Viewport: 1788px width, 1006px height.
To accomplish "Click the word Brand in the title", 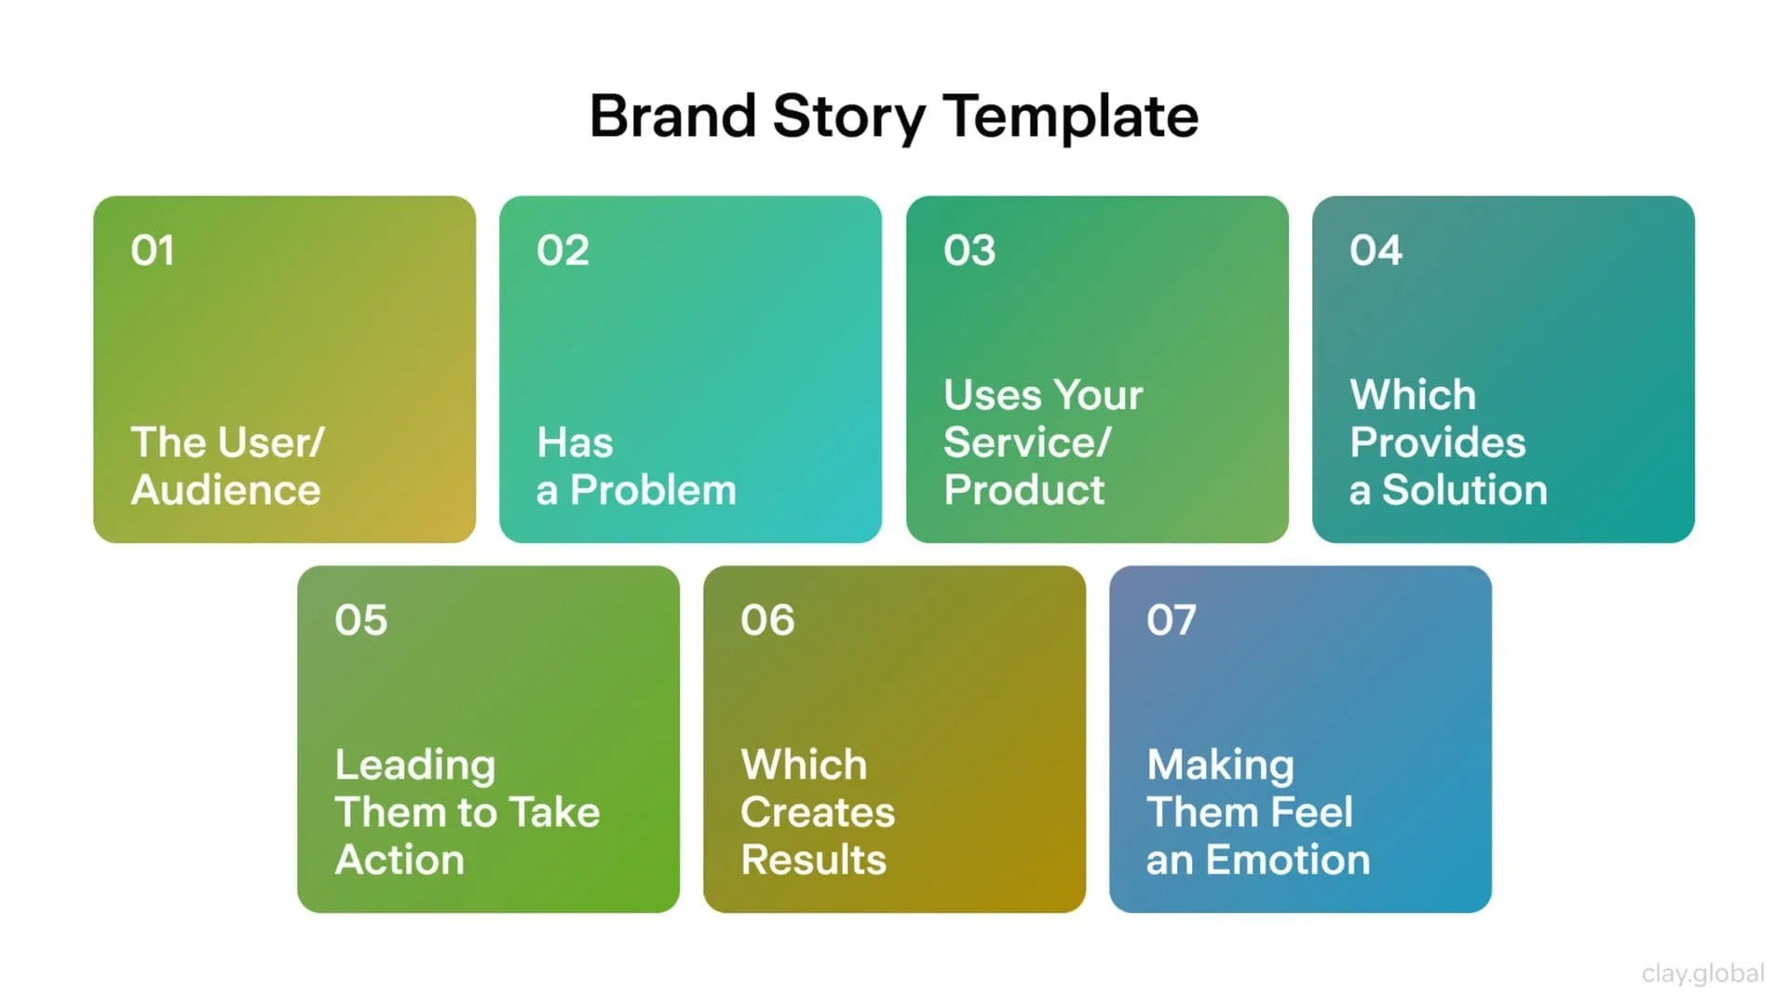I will pos(672,116).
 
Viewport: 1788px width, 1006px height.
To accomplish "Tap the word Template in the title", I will pos(1071,116).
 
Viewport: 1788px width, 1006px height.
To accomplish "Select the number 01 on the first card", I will pos(153,251).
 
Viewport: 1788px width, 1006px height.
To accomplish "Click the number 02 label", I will pos(562,251).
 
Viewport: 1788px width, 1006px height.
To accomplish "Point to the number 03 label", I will pos(969,251).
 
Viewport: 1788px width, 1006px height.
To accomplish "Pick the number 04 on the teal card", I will pos(1375,251).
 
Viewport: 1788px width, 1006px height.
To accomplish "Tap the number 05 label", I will pos(360,620).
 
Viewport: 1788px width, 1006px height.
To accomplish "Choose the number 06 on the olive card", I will pos(767,620).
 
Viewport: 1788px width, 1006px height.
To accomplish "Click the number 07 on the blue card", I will pos(1172,620).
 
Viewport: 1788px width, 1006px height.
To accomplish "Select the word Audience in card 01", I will pos(226,490).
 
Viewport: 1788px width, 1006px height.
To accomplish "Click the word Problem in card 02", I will pos(653,490).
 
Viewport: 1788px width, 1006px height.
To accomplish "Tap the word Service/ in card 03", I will pos(1027,442).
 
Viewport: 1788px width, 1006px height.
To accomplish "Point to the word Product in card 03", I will pos(1023,490).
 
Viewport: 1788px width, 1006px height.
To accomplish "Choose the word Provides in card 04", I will pos(1438,442).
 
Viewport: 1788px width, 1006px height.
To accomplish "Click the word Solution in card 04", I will pos(1464,490).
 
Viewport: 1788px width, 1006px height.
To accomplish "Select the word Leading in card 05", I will pos(415,766).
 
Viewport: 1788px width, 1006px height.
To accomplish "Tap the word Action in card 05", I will pos(400,860).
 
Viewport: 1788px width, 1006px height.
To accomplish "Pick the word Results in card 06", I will pos(813,860).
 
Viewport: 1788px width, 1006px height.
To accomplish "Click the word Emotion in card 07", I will pos(1287,860).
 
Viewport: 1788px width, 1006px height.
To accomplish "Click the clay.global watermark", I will pos(1702,973).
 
